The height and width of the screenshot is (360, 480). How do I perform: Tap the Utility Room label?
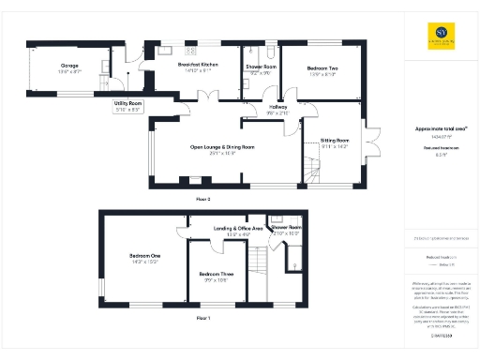pyautogui.click(x=127, y=102)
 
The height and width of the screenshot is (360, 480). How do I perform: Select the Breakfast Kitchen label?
pyautogui.click(x=198, y=64)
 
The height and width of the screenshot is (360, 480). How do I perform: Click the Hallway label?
pyautogui.click(x=278, y=108)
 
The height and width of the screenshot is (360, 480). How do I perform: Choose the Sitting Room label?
pyautogui.click(x=335, y=140)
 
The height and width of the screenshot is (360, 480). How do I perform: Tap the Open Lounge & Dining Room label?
pyautogui.click(x=222, y=147)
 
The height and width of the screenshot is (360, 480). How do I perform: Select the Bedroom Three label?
pyautogui.click(x=214, y=274)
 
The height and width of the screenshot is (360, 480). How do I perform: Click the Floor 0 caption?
pyautogui.click(x=203, y=200)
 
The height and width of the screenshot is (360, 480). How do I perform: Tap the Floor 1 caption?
pyautogui.click(x=202, y=320)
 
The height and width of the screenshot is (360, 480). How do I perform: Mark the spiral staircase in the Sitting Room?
pyautogui.click(x=311, y=170)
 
